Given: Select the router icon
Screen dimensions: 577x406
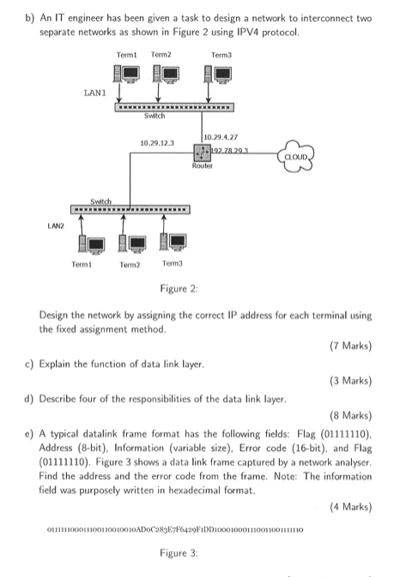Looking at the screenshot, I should coord(203,153).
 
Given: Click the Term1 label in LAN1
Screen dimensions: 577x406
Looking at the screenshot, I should coord(127,54).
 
